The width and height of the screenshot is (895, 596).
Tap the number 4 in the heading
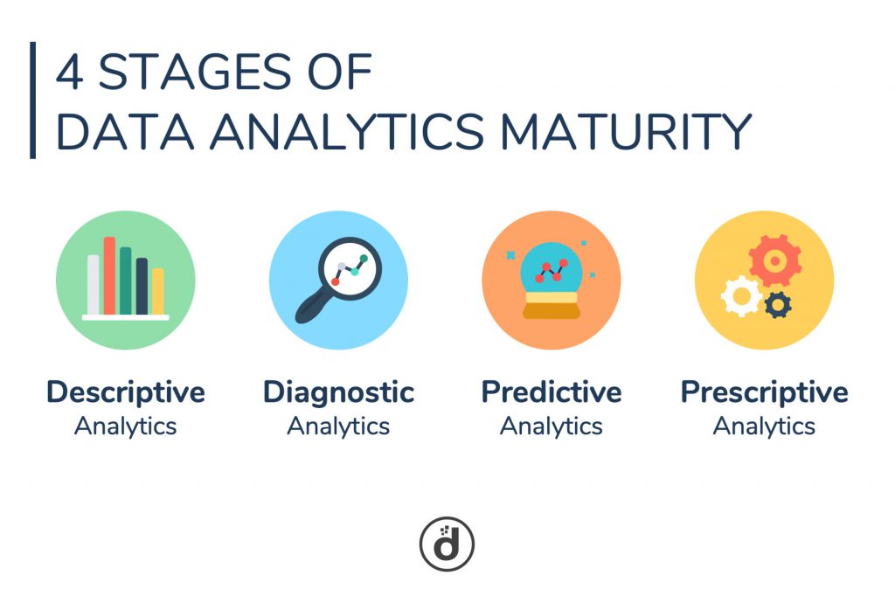point(70,74)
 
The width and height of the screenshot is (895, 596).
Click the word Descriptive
point(126,392)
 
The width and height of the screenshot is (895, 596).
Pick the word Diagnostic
point(338,392)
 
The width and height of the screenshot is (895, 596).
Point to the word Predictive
point(551,392)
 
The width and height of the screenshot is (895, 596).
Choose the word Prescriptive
point(764,392)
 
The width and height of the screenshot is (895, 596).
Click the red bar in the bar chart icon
point(109,275)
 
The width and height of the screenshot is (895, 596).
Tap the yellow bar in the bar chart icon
point(157,291)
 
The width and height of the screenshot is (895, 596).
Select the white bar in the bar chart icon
point(94,285)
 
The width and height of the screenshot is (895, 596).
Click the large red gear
point(774,260)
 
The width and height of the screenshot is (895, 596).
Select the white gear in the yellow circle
point(741,296)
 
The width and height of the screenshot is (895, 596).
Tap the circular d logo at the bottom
point(447,544)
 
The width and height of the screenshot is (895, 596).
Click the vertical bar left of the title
point(33,100)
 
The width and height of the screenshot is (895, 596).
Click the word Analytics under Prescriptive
point(764,426)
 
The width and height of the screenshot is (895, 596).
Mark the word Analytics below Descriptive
point(126,426)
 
